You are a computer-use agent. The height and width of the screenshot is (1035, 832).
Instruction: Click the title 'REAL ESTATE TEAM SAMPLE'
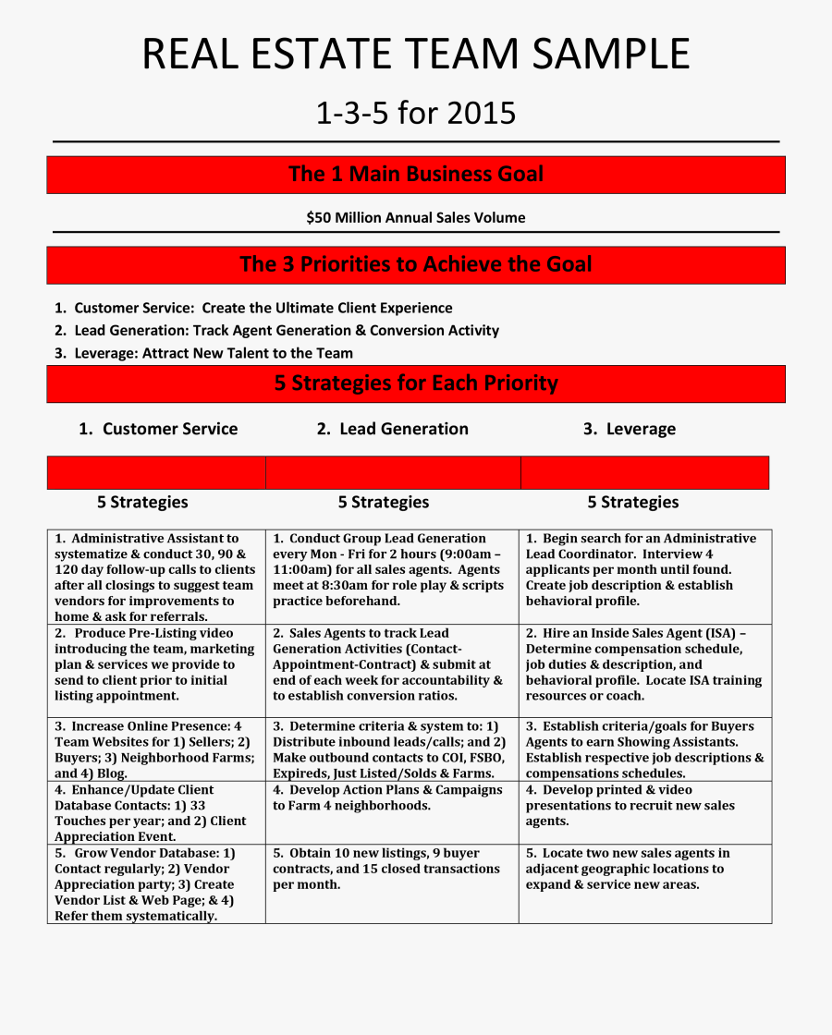[x=415, y=55]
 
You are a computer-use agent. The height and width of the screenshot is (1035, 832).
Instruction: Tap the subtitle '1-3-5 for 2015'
[x=415, y=114]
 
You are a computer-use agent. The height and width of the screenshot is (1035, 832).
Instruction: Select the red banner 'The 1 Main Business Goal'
[x=415, y=175]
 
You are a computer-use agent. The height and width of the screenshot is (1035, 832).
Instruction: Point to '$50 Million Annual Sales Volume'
[x=415, y=218]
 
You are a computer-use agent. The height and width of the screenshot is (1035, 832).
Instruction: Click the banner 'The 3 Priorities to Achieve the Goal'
[x=415, y=264]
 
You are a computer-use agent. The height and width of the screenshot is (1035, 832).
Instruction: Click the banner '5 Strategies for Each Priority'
[x=415, y=383]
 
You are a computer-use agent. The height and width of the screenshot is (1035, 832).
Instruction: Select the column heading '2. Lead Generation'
[x=392, y=429]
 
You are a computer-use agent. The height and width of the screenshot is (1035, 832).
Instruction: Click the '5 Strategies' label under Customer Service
[x=142, y=502]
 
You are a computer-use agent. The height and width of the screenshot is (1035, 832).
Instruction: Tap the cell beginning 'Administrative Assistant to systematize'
[x=155, y=577]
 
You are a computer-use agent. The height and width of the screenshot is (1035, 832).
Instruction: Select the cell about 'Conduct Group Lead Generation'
[x=391, y=569]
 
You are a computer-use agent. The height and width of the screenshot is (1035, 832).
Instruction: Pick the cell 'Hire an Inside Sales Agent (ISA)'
[x=644, y=664]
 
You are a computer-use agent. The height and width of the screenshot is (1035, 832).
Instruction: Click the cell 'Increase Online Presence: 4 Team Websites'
[x=155, y=749]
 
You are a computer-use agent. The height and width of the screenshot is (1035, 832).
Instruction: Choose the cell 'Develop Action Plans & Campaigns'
[x=391, y=798]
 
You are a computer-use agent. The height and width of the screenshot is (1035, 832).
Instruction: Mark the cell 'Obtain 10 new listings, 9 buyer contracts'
[x=391, y=869]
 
